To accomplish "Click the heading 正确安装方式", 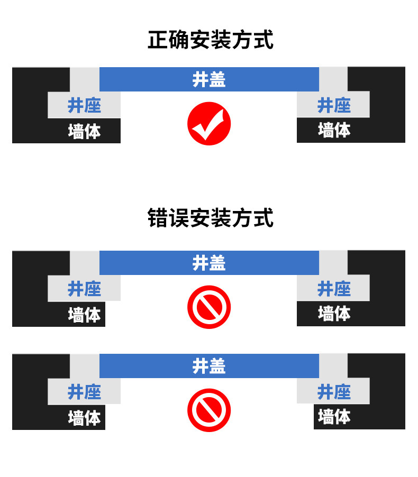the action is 211,40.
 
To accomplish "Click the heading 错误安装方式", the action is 211,218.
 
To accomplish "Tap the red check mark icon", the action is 209,124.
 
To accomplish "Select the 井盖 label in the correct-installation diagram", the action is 209,79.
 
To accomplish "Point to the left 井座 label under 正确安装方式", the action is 84,105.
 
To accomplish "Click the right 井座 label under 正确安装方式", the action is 334,105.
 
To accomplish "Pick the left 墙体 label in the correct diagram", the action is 84,132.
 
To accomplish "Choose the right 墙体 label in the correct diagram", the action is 334,130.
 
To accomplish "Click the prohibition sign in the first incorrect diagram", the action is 209,307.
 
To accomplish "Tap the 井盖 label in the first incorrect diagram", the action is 209,263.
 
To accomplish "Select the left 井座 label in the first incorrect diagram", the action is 84,289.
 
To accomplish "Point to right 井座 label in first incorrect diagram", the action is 334,289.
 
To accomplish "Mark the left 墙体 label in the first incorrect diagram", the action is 84,315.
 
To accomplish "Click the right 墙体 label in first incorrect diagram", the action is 334,314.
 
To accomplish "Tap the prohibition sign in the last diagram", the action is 209,410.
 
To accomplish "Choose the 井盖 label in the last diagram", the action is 209,366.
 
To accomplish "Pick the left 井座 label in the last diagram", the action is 84,392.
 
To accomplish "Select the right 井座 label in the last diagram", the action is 334,392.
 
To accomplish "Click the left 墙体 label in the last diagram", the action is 84,418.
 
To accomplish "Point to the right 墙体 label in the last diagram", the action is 334,417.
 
